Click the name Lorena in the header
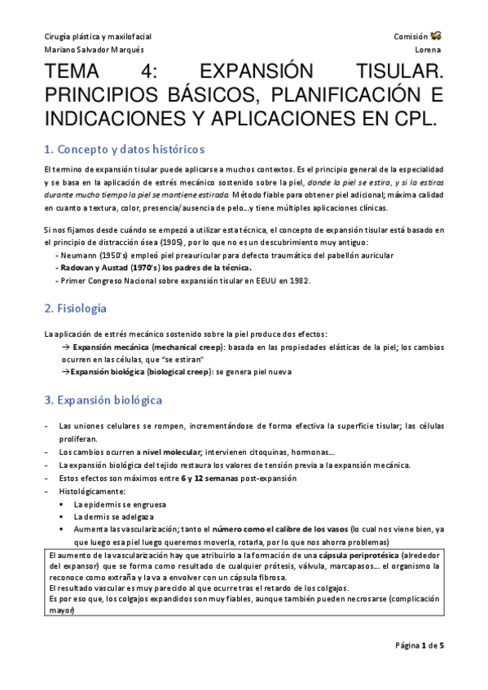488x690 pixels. coord(429,50)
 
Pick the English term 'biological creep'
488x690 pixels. coord(175,372)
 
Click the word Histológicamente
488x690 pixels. coord(92,491)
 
